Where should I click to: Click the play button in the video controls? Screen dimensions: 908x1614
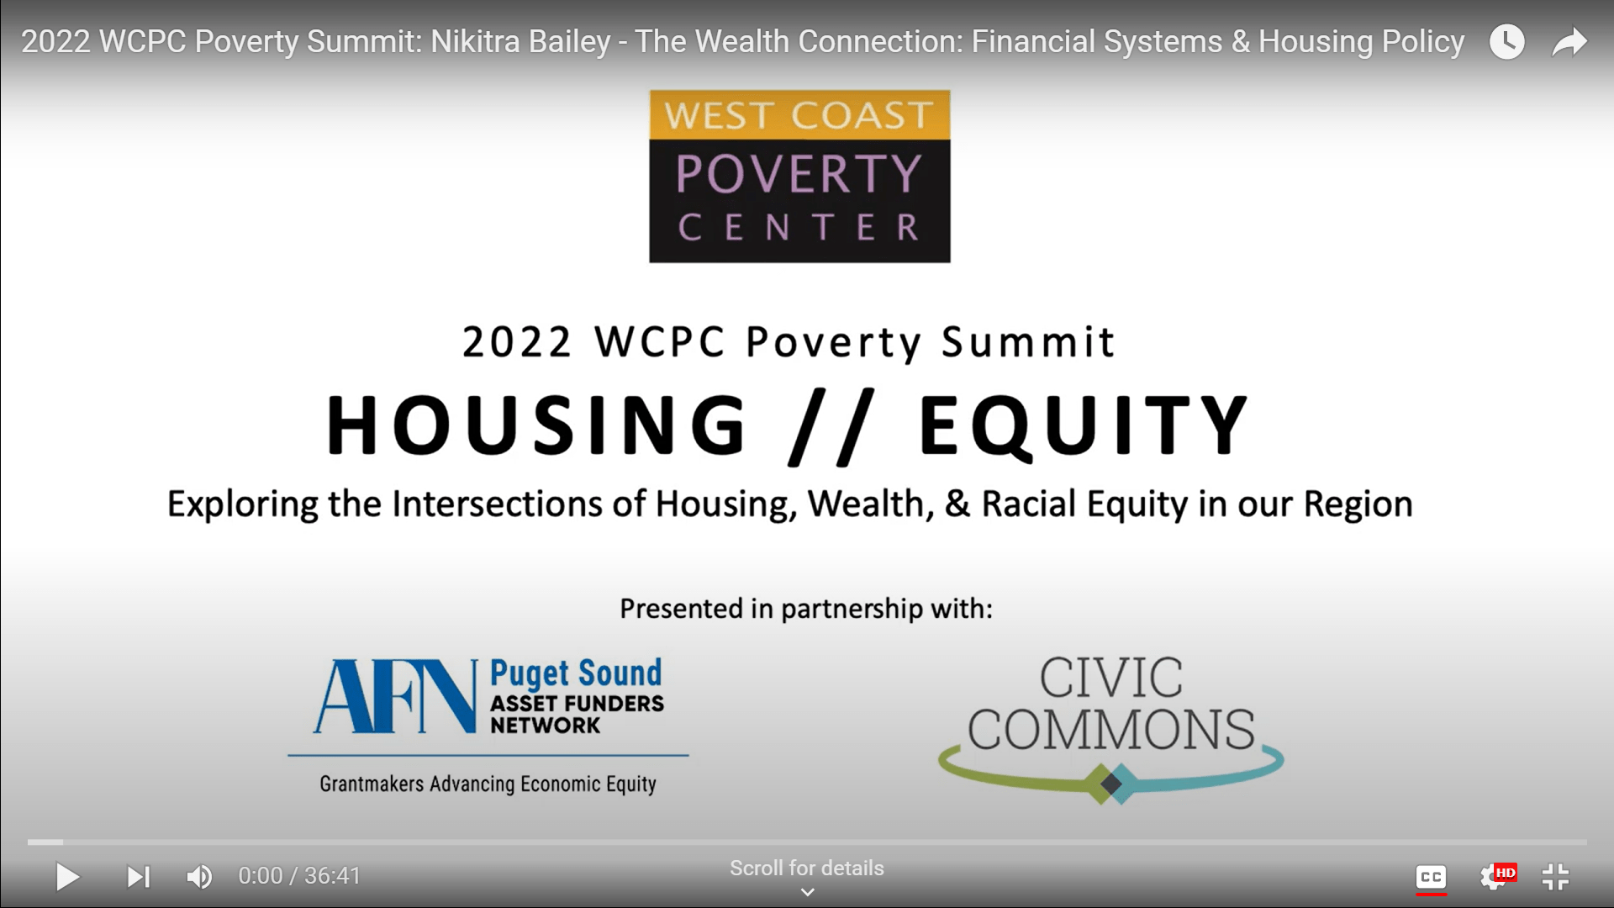click(67, 877)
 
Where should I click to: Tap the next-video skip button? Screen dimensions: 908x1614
click(138, 877)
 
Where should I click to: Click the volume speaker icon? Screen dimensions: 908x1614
click(199, 877)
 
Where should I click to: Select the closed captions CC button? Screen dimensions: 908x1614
click(1431, 877)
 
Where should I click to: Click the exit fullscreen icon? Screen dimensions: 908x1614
click(1556, 877)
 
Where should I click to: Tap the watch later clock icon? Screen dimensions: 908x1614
click(1506, 42)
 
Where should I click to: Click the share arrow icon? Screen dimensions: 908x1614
click(1569, 42)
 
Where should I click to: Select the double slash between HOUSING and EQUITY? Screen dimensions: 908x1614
click(832, 426)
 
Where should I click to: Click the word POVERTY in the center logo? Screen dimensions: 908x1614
click(799, 174)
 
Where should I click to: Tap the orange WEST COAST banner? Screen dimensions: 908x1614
click(799, 115)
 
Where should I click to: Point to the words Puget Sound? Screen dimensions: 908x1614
click(576, 673)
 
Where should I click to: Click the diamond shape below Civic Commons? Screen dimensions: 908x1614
click(1111, 784)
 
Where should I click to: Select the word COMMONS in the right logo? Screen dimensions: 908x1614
click(1111, 730)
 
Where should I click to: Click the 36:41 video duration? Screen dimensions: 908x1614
click(332, 876)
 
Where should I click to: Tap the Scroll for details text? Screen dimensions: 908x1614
click(807, 868)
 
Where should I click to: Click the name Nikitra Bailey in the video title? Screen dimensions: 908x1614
click(520, 42)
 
